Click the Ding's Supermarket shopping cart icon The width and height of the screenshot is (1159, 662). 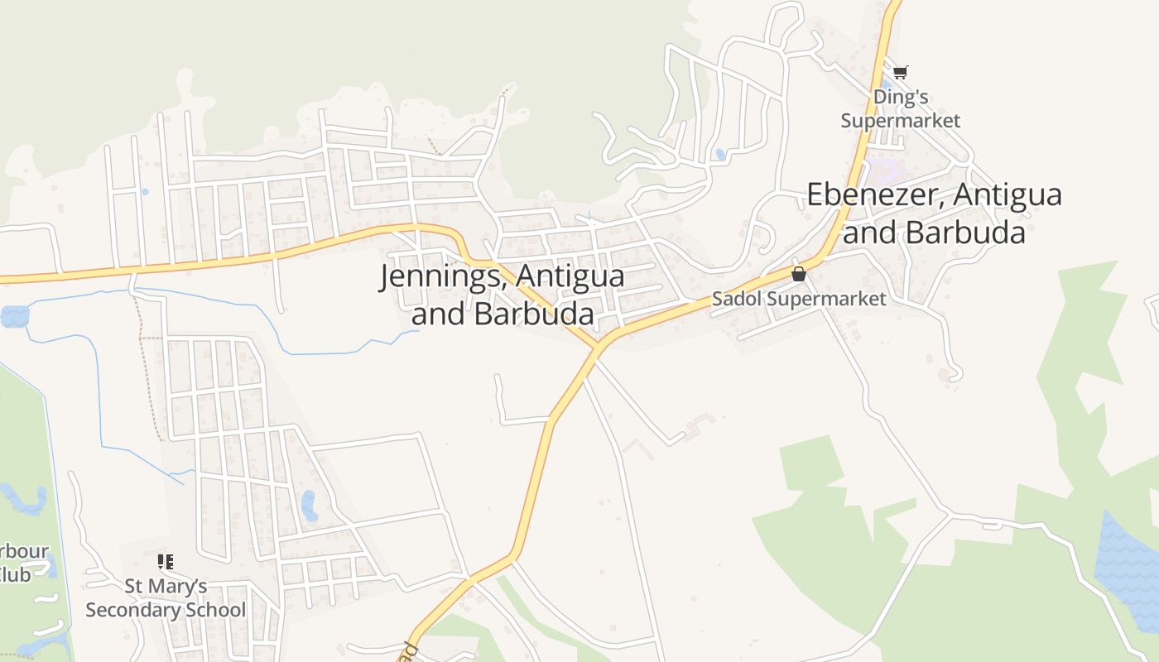tap(901, 72)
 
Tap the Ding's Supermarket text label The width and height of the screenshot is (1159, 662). tap(901, 108)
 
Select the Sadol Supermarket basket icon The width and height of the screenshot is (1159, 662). tap(799, 274)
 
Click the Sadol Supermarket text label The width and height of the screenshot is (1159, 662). tap(799, 299)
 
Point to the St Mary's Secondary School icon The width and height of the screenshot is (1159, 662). tap(166, 563)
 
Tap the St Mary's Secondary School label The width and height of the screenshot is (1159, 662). tap(166, 598)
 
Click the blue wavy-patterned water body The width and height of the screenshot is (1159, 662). tap(1126, 563)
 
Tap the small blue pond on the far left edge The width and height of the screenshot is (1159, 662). tap(14, 316)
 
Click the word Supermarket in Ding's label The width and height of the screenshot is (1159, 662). tap(901, 121)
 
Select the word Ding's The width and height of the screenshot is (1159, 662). tap(901, 98)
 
